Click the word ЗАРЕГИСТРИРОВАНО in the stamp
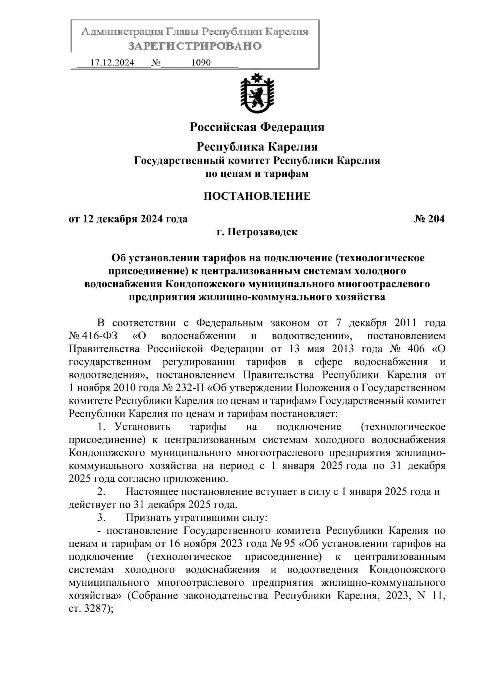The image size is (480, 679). pos(194,46)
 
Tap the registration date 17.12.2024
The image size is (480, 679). pos(112,63)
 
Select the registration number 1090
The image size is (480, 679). pos(201,63)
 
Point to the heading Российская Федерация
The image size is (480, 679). pos(257,127)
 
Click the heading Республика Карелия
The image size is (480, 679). pos(257,147)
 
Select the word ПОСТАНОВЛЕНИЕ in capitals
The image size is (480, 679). pos(257,196)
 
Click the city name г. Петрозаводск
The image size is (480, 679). pos(257,232)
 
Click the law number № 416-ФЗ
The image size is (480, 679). pos(95,335)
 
